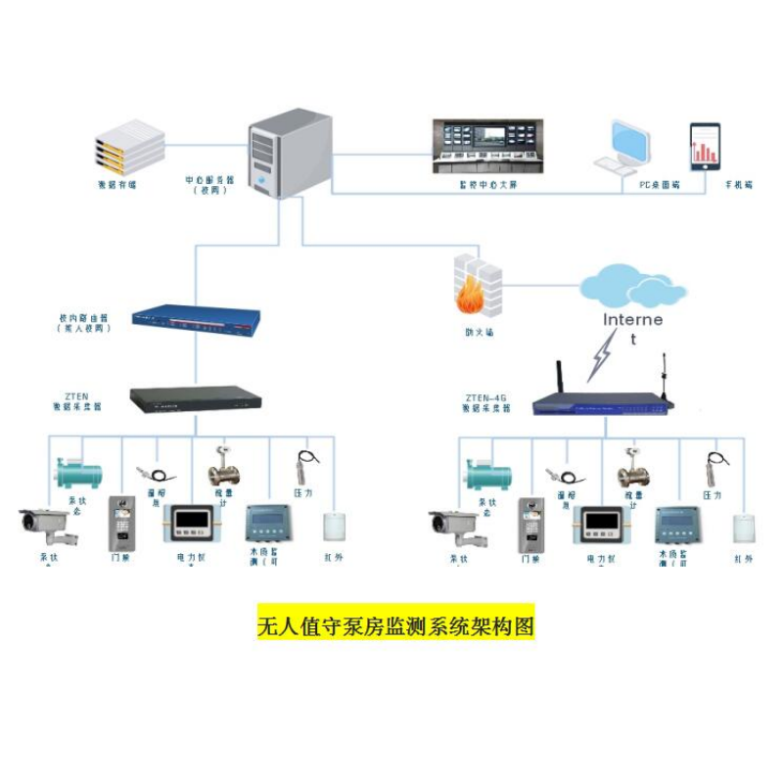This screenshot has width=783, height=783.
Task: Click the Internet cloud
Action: pyautogui.click(x=632, y=288)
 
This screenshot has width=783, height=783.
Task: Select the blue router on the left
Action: pyautogui.click(x=197, y=317)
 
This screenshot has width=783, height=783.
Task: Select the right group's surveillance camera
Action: pyautogui.click(x=452, y=528)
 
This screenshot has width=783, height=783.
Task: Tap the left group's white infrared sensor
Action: pyautogui.click(x=335, y=526)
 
